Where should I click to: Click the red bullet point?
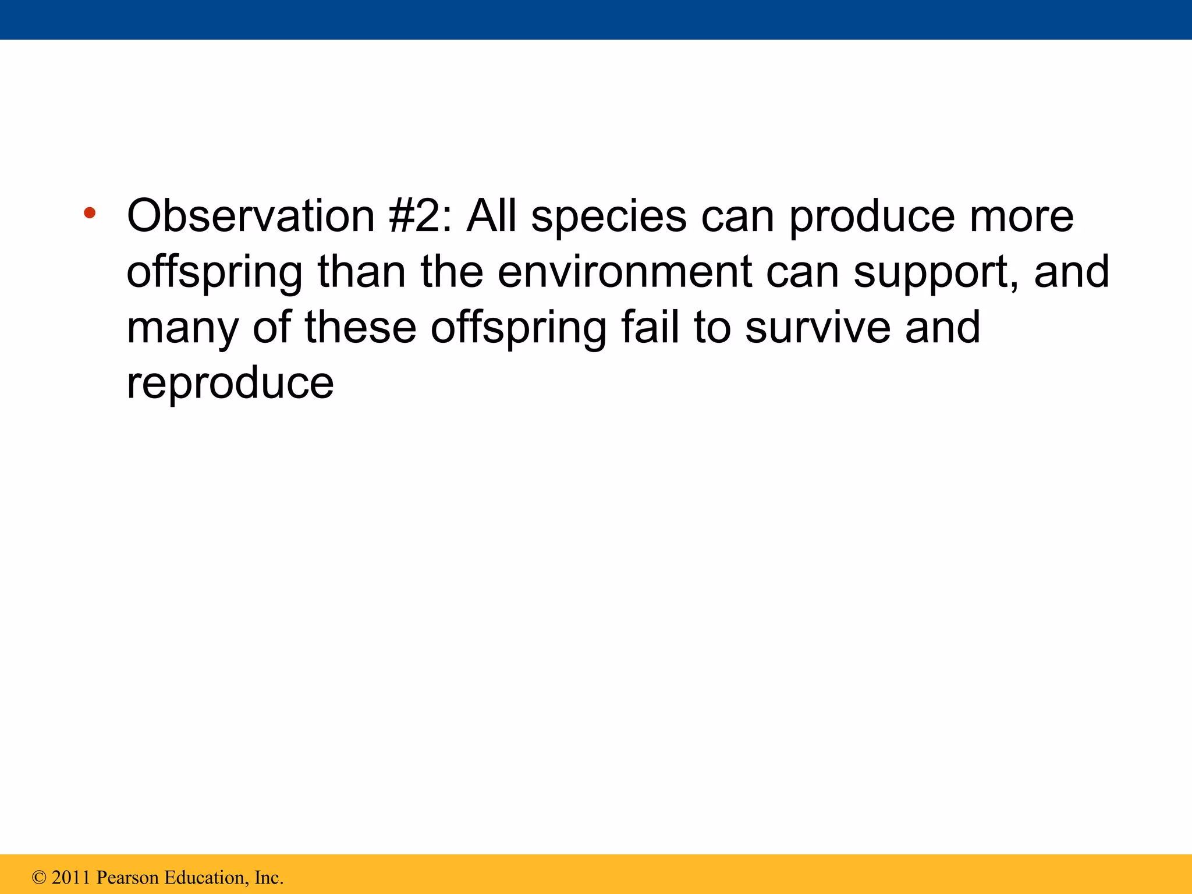pos(89,213)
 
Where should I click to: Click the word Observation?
pos(251,217)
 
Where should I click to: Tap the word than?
pos(361,272)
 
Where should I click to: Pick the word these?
pos(360,328)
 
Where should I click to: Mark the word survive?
pos(818,328)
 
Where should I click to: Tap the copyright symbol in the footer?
pos(39,878)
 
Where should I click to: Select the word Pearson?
pos(127,878)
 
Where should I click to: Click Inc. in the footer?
pos(269,878)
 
